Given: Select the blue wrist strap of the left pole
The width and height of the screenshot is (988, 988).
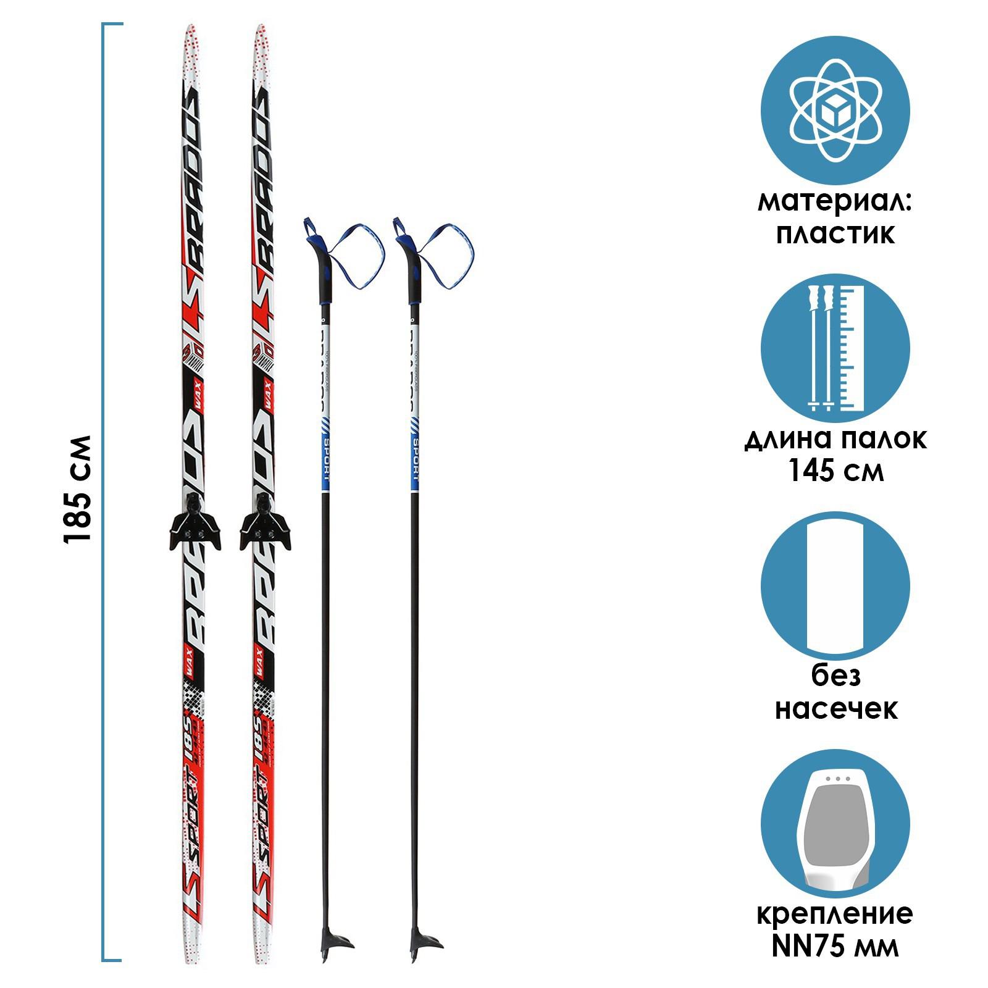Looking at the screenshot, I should (x=358, y=253).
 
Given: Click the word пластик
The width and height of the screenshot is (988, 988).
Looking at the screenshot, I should (x=835, y=234).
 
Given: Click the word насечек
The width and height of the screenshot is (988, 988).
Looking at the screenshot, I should (x=835, y=708).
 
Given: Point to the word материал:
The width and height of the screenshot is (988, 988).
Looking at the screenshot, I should (x=835, y=203).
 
